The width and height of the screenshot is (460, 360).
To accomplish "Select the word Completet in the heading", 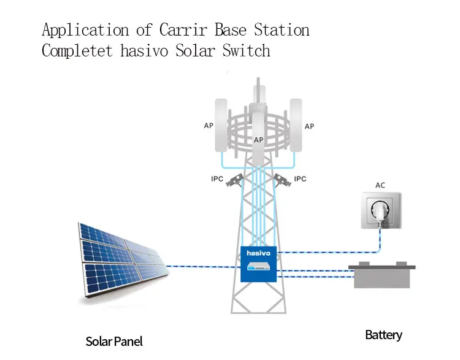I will [x=77, y=50].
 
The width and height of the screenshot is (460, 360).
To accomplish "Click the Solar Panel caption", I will [x=114, y=341].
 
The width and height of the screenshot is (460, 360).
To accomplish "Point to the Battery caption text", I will [x=383, y=335].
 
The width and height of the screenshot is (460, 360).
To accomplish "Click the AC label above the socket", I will [x=380, y=185].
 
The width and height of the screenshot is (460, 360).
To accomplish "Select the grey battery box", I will [x=381, y=277].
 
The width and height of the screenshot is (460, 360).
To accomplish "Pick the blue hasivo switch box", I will [x=258, y=264].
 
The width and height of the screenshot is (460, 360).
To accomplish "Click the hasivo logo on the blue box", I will [x=258, y=252].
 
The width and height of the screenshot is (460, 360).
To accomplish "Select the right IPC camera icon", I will [x=282, y=180].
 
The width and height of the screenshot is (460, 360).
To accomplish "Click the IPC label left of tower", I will [x=217, y=179].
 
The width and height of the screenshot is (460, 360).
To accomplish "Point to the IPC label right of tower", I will [x=300, y=179].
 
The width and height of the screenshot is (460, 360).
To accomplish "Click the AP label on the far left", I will [x=209, y=126].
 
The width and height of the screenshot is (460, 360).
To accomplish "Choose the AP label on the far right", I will [x=309, y=126].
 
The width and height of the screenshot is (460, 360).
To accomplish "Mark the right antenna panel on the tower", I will [x=295, y=126].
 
